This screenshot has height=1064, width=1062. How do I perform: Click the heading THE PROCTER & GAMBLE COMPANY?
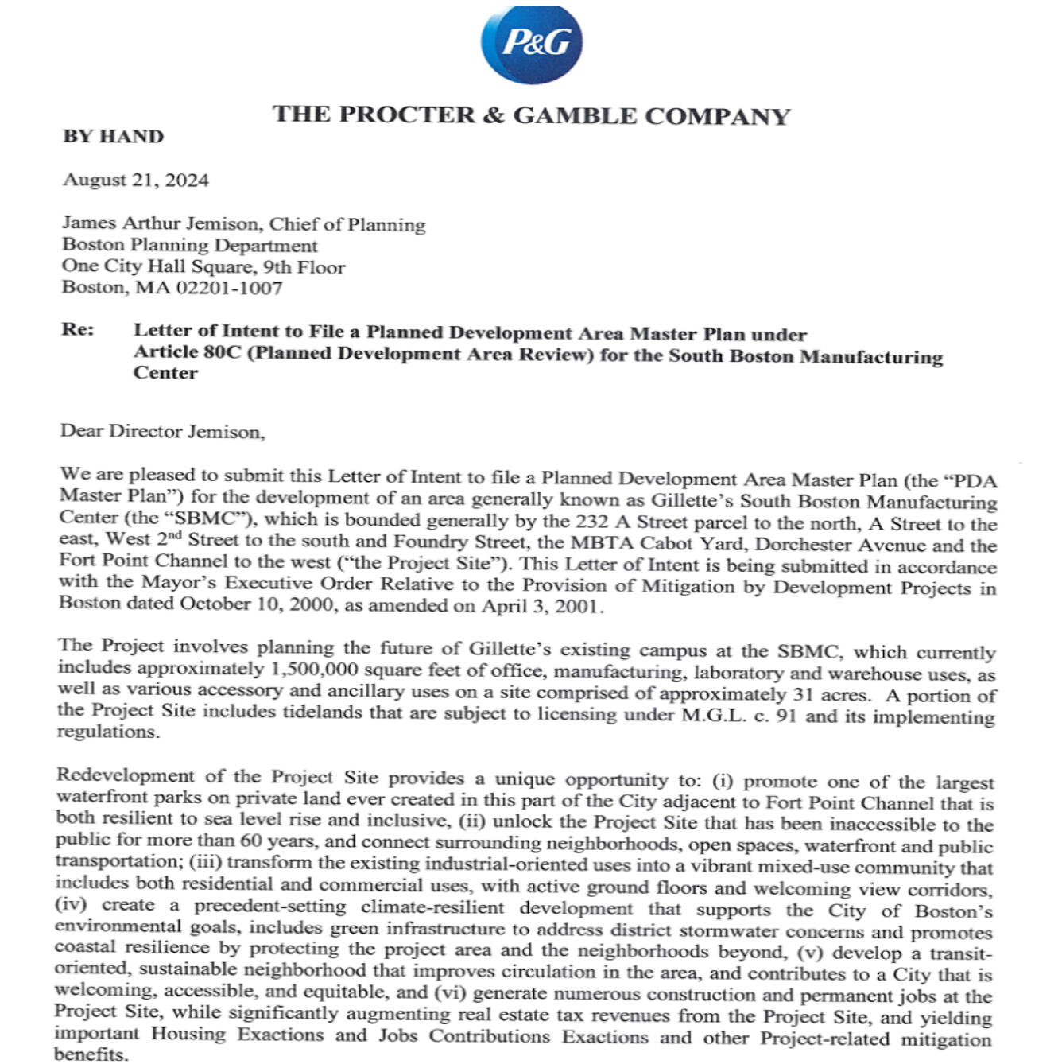(x=531, y=115)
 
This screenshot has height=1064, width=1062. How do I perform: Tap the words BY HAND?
(x=113, y=137)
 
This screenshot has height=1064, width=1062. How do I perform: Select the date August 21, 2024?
(x=136, y=181)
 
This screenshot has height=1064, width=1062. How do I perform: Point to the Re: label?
(x=78, y=330)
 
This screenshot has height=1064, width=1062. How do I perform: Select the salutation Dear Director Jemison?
(x=162, y=432)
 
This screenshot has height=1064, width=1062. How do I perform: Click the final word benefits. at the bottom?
(x=91, y=1054)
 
